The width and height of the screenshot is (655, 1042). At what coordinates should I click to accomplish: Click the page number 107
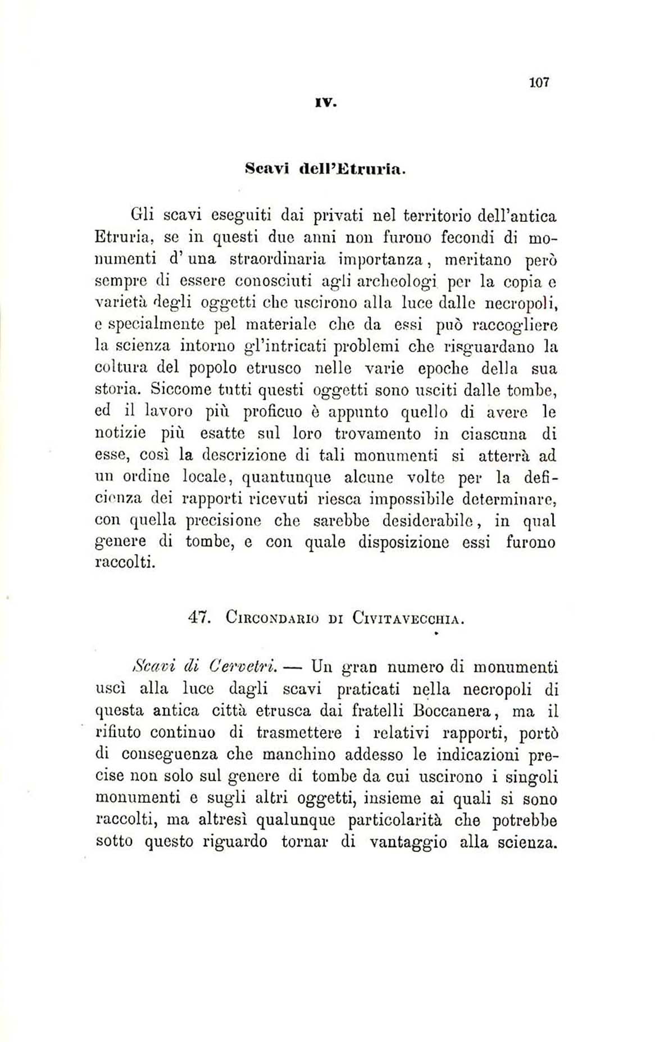(x=539, y=83)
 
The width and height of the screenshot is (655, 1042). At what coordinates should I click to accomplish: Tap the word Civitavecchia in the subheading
(x=408, y=619)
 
